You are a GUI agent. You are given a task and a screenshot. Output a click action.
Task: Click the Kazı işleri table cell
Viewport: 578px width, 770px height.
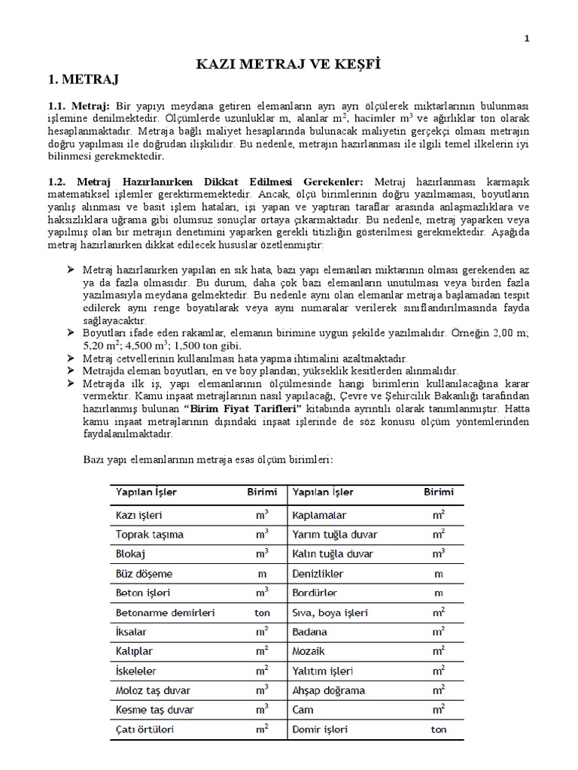pyautogui.click(x=139, y=516)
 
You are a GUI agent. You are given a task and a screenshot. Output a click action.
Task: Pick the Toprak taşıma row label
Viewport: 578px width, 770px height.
pyautogui.click(x=149, y=535)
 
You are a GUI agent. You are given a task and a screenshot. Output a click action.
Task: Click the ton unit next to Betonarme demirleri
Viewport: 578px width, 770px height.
pyautogui.click(x=262, y=613)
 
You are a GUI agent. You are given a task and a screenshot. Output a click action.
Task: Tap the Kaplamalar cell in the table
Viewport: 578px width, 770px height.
pyautogui.click(x=319, y=516)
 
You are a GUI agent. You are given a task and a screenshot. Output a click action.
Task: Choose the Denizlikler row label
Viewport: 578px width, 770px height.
pyautogui.click(x=318, y=573)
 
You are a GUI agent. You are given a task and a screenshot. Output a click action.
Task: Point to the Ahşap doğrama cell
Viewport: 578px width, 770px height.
pyautogui.click(x=329, y=690)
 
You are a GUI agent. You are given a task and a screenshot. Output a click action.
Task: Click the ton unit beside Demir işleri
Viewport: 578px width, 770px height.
pyautogui.click(x=438, y=729)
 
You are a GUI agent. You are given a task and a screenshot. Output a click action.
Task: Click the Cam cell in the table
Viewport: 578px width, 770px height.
pyautogui.click(x=303, y=710)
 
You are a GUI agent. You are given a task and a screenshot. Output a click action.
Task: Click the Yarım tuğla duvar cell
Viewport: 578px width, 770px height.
pyautogui.click(x=335, y=535)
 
